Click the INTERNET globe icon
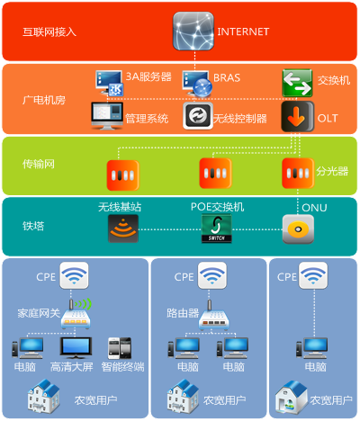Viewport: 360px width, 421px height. (x=193, y=31)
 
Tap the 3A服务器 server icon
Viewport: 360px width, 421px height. (x=109, y=84)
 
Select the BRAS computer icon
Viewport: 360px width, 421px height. (x=197, y=84)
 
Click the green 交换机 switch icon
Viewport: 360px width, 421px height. (x=297, y=83)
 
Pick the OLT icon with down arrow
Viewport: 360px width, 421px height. (x=298, y=116)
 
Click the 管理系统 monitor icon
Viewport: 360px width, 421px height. (x=107, y=116)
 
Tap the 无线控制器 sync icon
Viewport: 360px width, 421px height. (x=198, y=116)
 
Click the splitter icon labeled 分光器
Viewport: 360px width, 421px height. (x=298, y=174)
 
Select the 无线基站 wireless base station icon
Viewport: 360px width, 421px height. (x=123, y=228)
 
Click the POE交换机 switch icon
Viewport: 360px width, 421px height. (x=216, y=228)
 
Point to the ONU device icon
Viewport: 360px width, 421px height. (x=298, y=229)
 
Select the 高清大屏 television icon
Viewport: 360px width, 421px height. (x=76, y=348)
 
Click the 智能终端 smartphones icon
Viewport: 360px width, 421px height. (x=120, y=348)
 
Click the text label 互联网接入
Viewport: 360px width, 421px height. (x=49, y=32)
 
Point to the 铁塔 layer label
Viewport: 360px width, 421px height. (x=33, y=226)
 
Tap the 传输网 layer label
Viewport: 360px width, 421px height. (x=39, y=164)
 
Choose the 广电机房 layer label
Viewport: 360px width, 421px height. (x=44, y=100)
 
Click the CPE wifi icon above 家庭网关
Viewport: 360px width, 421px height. (x=74, y=275)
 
